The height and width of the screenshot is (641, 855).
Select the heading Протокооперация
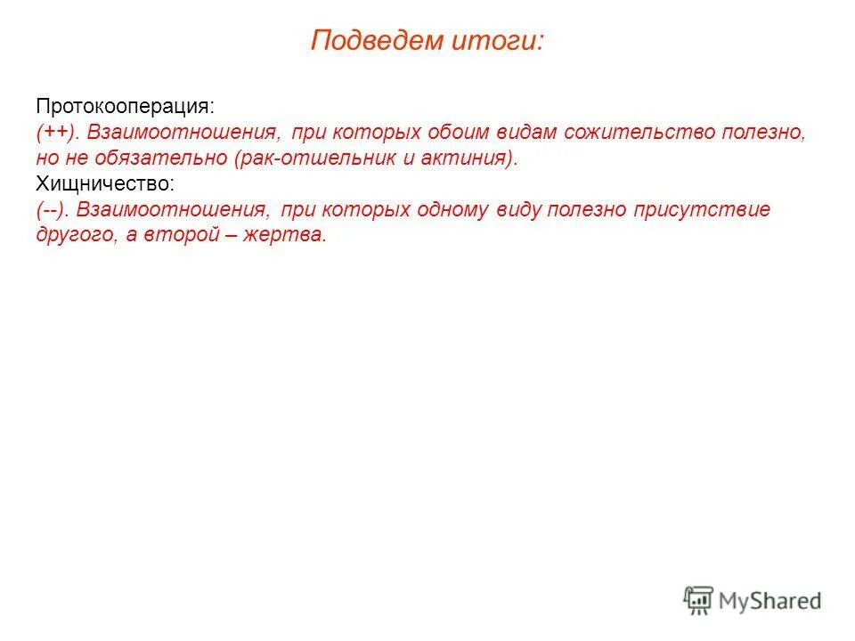(x=125, y=106)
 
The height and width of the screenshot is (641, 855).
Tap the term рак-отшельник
(x=284, y=158)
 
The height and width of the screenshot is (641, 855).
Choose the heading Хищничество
(x=105, y=184)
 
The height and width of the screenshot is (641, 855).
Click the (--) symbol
(x=54, y=210)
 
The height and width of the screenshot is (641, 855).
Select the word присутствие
(x=702, y=210)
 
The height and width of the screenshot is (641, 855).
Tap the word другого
(x=73, y=236)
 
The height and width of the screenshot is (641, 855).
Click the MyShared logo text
(x=770, y=601)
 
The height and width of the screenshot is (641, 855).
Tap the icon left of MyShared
(x=698, y=600)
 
